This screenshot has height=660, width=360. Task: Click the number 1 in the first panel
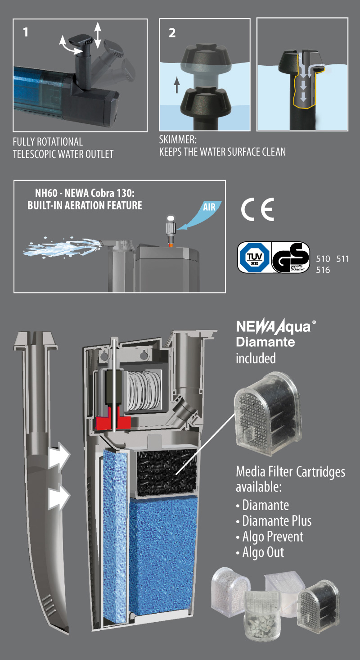[x=26, y=32]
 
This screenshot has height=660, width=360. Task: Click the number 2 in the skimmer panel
[x=172, y=33]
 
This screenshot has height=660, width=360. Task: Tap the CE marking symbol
[x=257, y=209]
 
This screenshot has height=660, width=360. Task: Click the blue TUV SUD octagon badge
[x=255, y=257]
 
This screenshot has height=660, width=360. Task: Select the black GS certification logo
[x=290, y=257]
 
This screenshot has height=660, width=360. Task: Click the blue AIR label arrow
[x=200, y=215]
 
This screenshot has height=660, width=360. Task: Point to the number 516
[x=323, y=270]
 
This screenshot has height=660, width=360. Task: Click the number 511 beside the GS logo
[x=342, y=259]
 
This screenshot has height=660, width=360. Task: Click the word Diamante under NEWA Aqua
[x=265, y=342]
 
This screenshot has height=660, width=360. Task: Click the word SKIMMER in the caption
[x=178, y=140]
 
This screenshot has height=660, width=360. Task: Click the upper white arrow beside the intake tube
[x=59, y=456]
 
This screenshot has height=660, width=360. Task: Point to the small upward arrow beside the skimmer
[x=177, y=85]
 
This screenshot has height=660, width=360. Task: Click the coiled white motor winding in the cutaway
[x=144, y=390]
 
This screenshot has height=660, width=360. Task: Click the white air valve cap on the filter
[x=171, y=219]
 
